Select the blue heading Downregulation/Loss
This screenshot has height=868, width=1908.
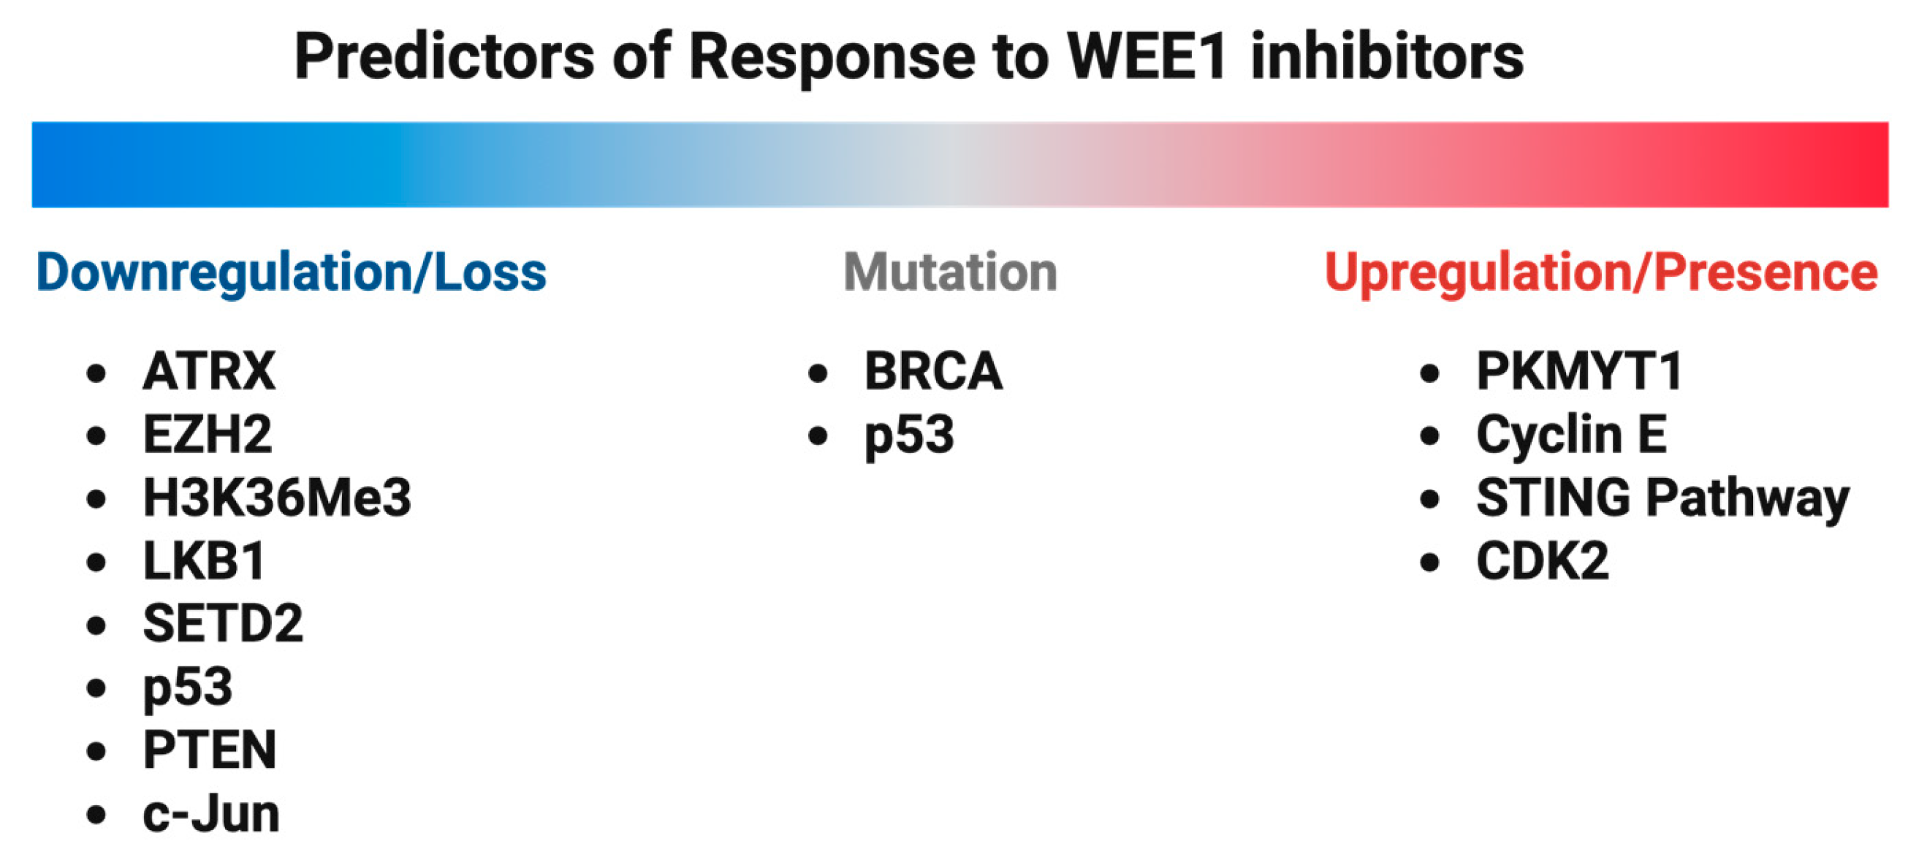(291, 273)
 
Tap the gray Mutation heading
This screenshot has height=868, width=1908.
(950, 272)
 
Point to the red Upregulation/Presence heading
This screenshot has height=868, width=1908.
(1601, 273)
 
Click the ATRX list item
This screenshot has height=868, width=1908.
(209, 371)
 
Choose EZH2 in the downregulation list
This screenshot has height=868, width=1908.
(208, 434)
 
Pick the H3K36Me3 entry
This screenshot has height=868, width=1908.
(277, 497)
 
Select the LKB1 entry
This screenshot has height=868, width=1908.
(204, 560)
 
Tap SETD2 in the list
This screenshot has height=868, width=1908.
(223, 623)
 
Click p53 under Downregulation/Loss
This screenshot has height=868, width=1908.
(187, 689)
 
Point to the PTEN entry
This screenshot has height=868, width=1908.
(210, 750)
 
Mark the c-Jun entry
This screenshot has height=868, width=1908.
(211, 814)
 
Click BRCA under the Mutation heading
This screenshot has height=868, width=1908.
(933, 371)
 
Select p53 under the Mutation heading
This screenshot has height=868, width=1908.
(910, 436)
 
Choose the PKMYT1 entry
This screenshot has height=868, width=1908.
(1579, 371)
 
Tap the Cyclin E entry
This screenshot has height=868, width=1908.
(1572, 435)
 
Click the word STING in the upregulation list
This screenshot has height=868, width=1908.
(1553, 497)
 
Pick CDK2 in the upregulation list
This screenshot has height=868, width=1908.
(1542, 560)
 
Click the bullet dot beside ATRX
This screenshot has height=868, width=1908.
(96, 373)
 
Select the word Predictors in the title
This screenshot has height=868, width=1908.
(444, 56)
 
